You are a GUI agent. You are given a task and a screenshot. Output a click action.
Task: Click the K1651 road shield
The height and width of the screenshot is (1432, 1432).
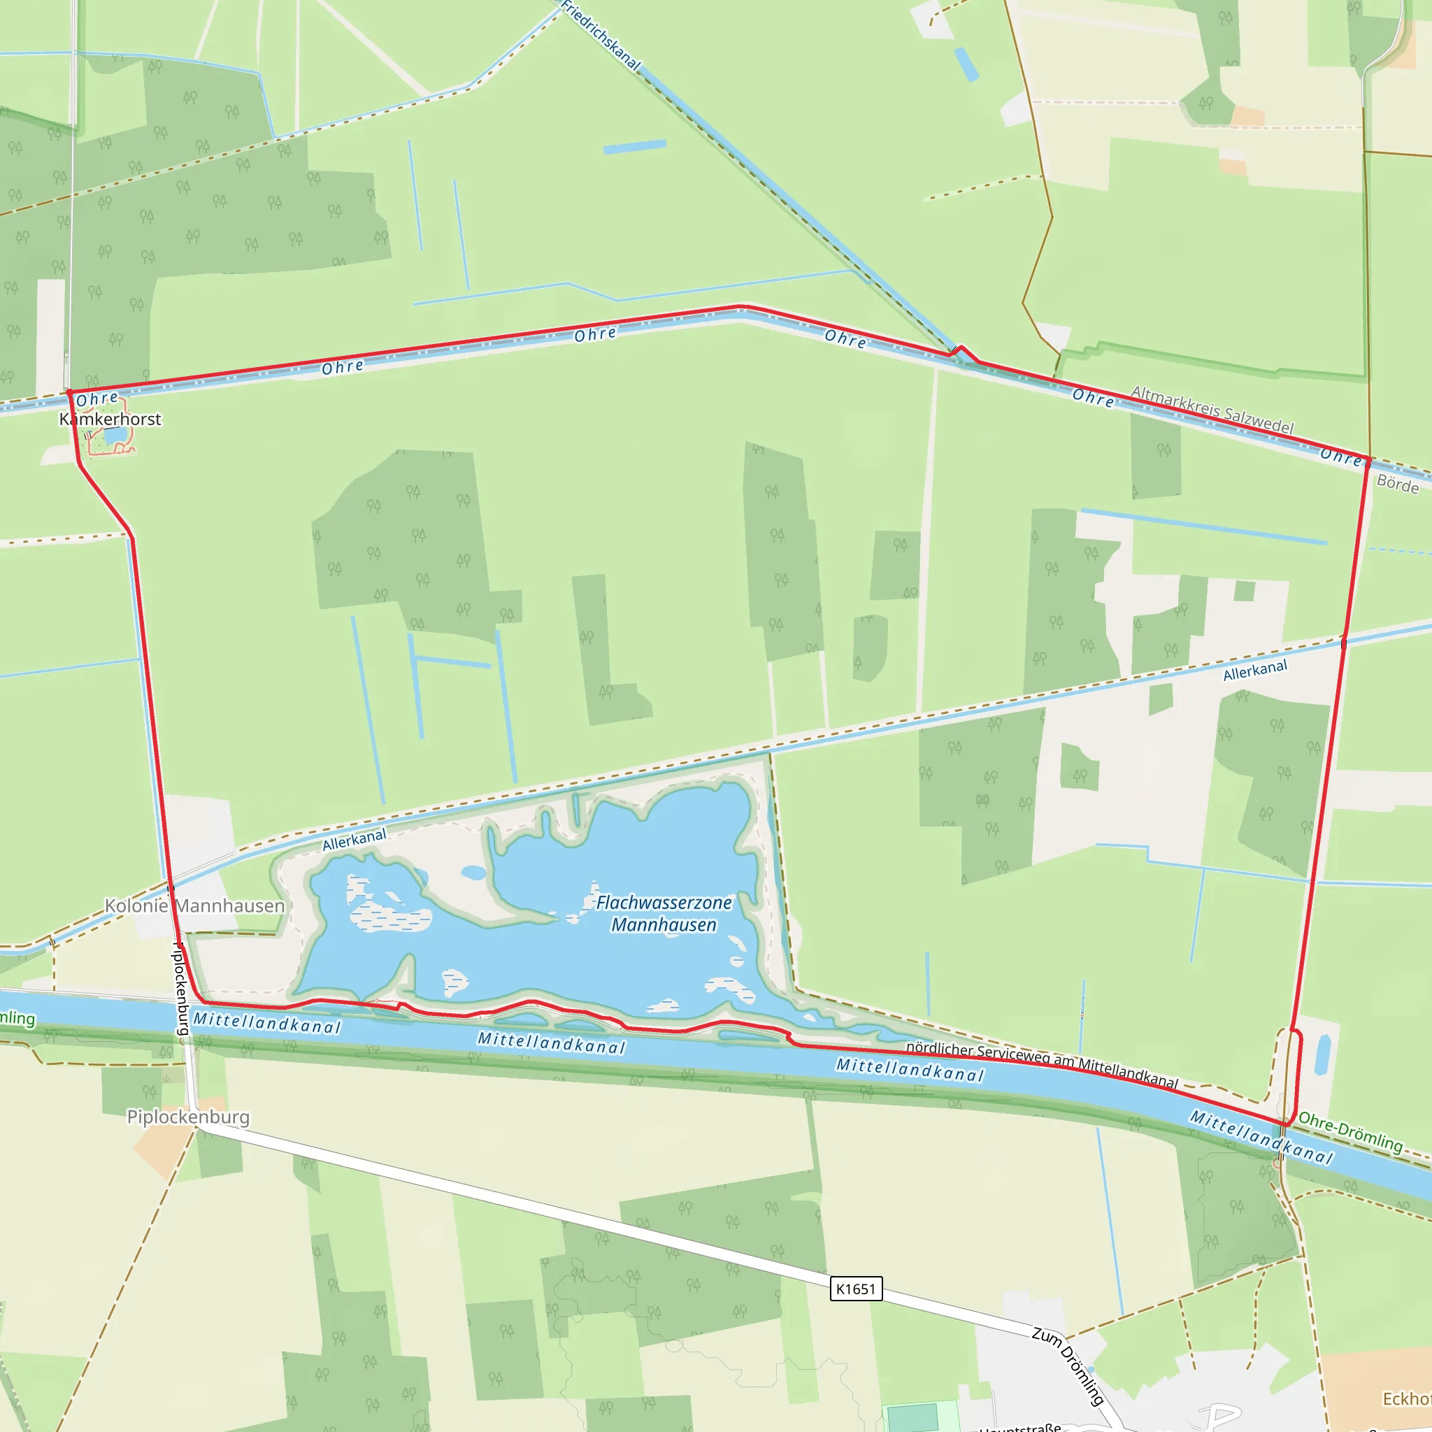[x=855, y=1289]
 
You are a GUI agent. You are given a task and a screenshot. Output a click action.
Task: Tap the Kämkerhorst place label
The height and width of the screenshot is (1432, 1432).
[x=110, y=420]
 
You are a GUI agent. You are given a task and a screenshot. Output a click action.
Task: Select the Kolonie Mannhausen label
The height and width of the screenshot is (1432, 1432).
[x=194, y=905]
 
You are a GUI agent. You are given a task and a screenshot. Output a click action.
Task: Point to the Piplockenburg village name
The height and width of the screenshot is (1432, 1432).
[x=188, y=1117]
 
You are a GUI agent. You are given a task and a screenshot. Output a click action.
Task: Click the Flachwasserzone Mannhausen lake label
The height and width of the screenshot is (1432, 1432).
[x=664, y=913]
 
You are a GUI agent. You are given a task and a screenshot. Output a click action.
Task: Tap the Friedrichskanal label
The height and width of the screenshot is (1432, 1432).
[x=601, y=35]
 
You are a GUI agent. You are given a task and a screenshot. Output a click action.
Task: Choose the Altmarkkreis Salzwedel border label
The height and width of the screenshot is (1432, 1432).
[x=1212, y=410]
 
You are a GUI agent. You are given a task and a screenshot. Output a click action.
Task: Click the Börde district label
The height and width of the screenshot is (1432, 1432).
[x=1397, y=485]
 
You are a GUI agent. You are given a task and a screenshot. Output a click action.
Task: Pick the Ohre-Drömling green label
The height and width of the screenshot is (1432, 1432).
[x=1350, y=1133]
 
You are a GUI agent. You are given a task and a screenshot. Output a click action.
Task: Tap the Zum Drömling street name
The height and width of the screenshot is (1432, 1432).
[x=1068, y=1366]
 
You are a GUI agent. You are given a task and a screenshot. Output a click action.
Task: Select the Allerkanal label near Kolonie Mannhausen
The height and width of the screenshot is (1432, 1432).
[x=355, y=840]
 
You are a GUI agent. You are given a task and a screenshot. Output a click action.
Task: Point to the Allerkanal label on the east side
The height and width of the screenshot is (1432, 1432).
[x=1255, y=670]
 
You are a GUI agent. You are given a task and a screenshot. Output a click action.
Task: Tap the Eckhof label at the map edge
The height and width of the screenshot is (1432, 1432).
[x=1406, y=1398]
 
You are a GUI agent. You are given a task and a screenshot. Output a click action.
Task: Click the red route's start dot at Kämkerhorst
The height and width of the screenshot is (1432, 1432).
[x=69, y=392]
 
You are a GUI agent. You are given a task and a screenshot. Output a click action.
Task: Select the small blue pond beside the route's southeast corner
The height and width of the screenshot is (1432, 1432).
[x=1322, y=1055]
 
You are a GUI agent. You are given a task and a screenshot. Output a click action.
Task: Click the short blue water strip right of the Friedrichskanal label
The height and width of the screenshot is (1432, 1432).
[x=634, y=147]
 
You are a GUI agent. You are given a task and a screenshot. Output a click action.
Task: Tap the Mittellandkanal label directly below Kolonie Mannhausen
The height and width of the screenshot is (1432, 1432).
[x=267, y=1024]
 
